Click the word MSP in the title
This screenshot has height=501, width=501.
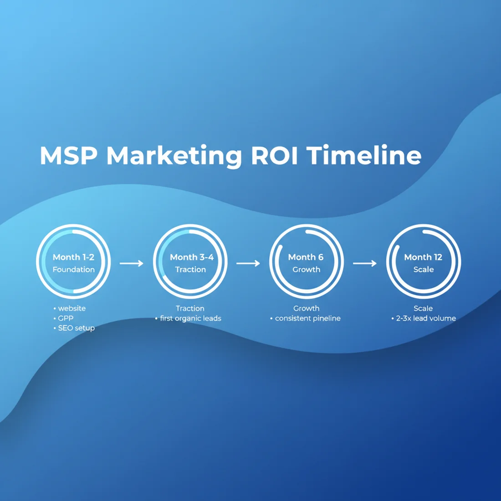(68, 156)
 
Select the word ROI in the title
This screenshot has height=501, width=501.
(274, 156)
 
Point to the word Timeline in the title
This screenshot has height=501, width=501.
(363, 156)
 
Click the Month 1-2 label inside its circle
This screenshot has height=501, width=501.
(73, 257)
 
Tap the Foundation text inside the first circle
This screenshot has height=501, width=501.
(73, 270)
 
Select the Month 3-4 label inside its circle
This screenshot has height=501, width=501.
(191, 257)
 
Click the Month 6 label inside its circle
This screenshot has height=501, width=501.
(306, 257)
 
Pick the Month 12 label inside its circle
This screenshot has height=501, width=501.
(423, 257)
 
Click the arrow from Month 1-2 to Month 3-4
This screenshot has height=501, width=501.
(132, 263)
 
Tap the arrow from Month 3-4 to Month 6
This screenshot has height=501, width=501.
(248, 263)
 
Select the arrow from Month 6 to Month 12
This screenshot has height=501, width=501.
(365, 263)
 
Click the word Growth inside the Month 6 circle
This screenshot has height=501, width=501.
(306, 270)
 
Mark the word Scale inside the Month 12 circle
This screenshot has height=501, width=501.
(423, 270)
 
